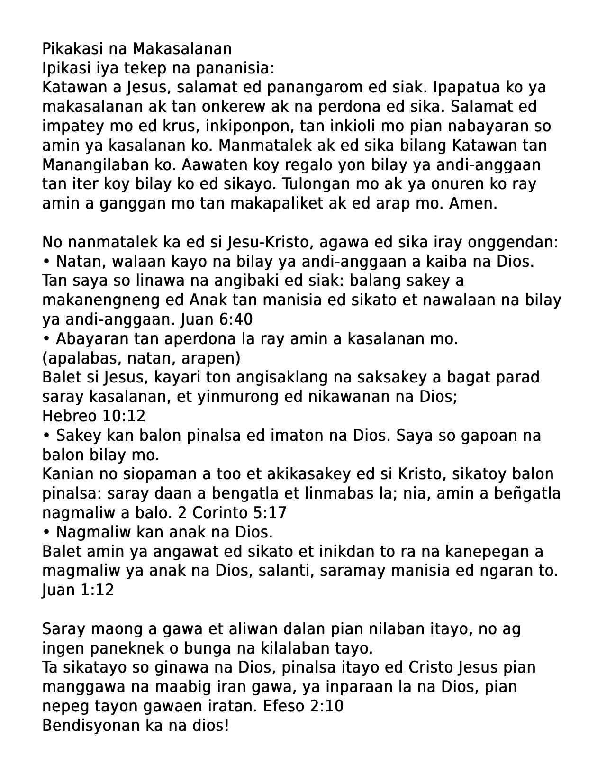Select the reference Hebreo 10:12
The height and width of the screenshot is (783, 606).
coord(93,416)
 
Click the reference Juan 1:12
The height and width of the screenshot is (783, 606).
coord(78,590)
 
